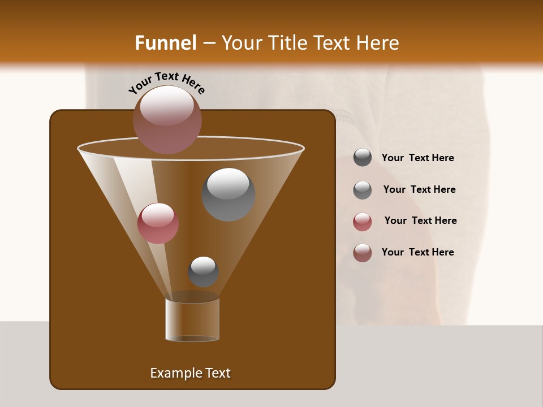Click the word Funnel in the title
pyautogui.click(x=165, y=43)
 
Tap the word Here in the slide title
pyautogui.click(x=377, y=43)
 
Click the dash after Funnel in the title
pyautogui.click(x=209, y=44)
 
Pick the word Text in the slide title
pyautogui.click(x=333, y=43)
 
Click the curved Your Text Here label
pyautogui.click(x=167, y=81)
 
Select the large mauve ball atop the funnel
pyautogui.click(x=167, y=120)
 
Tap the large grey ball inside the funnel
pyautogui.click(x=228, y=194)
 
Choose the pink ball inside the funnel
pyautogui.click(x=158, y=223)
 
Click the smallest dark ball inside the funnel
pyautogui.click(x=203, y=272)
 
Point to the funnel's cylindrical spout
pyautogui.click(x=192, y=319)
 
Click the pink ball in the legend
pyautogui.click(x=363, y=222)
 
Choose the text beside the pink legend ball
pyautogui.click(x=420, y=220)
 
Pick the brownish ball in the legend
pyautogui.click(x=363, y=253)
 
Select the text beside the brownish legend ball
pyautogui.click(x=417, y=252)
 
